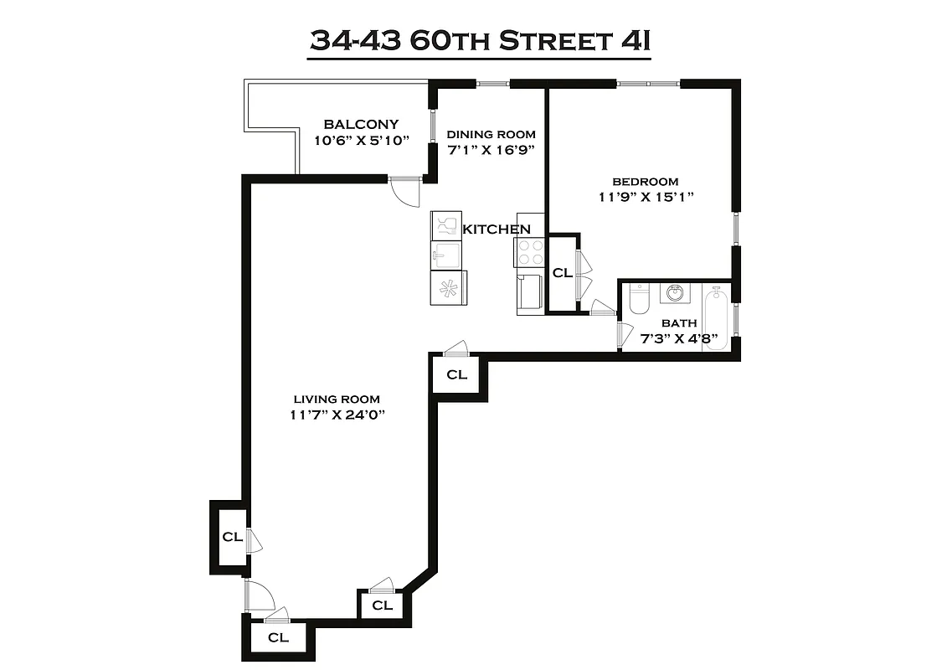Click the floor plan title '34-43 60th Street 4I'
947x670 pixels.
point(480,40)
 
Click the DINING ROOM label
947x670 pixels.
point(491,134)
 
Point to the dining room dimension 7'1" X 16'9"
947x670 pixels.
point(491,150)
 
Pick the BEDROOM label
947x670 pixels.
point(645,181)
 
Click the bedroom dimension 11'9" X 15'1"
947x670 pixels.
point(645,197)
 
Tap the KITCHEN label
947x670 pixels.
point(497,229)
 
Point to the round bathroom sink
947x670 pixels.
point(675,294)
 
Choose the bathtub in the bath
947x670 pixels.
point(716,318)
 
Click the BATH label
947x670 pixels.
point(678,323)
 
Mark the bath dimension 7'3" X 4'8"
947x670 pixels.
point(678,338)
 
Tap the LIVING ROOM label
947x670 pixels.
point(337,399)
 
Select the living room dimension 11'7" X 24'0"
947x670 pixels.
point(337,415)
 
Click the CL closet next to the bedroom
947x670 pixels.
point(562,273)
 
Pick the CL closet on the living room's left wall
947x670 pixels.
point(232,537)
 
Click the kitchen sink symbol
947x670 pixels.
point(445,254)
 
